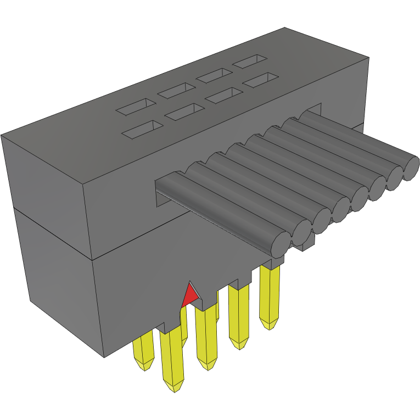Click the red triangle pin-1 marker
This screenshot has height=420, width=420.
(190, 295)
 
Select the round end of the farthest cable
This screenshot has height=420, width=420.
(411, 169)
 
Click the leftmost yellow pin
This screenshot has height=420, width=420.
(143, 351)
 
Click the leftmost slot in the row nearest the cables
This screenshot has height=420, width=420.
(143, 129)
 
